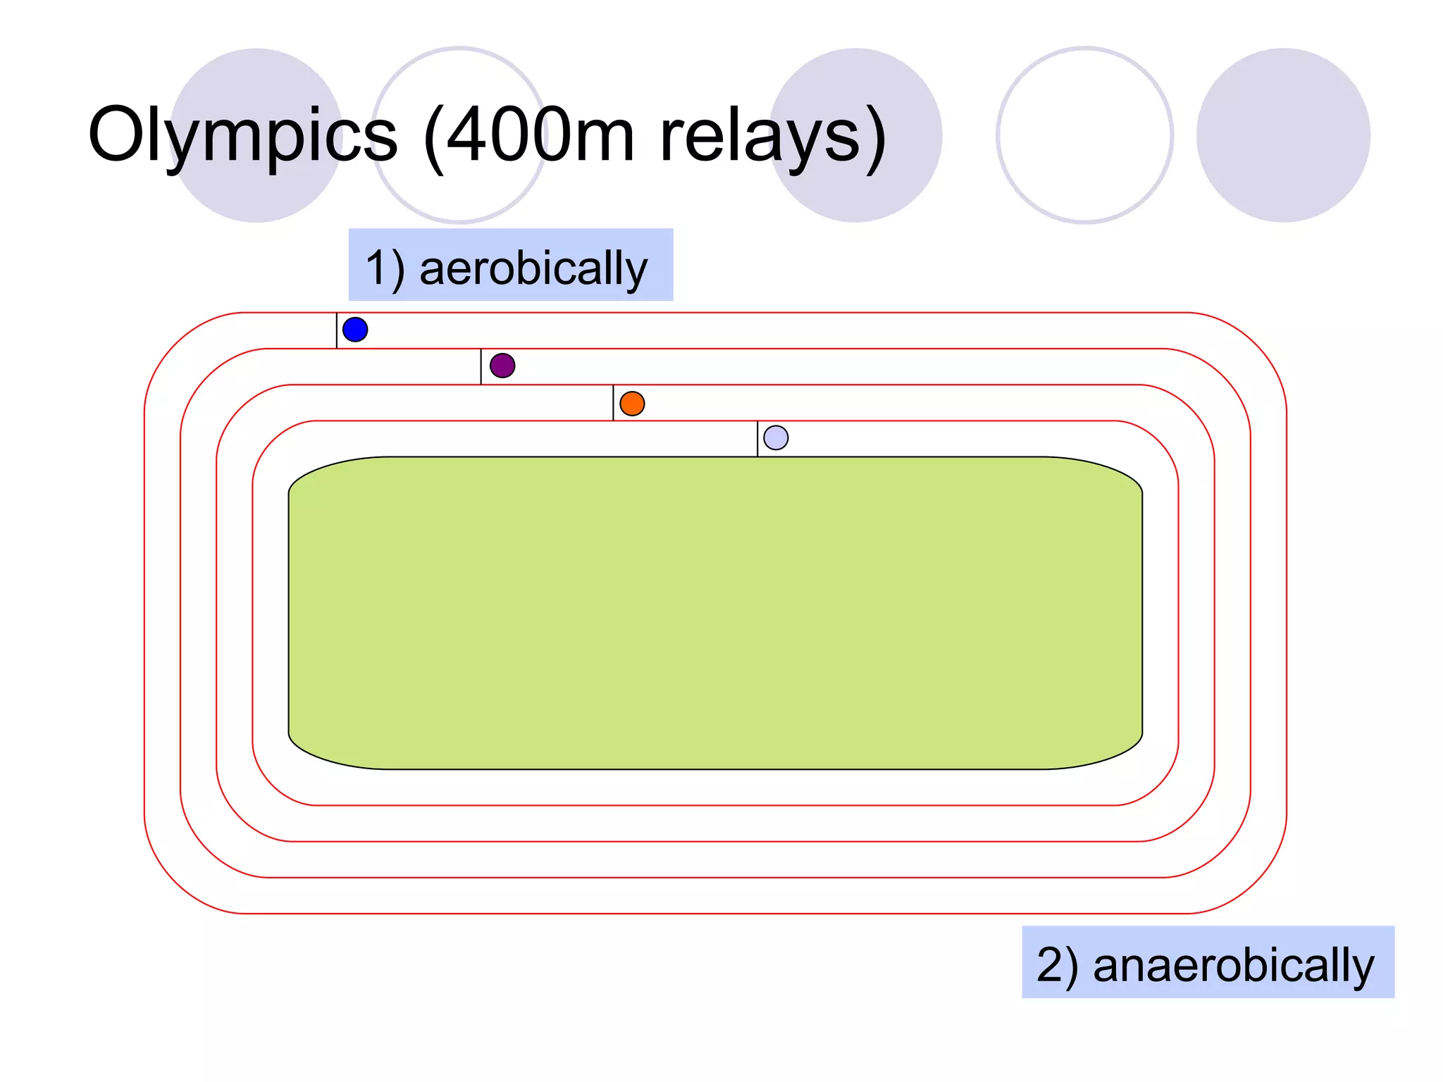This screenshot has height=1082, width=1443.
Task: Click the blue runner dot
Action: tap(355, 330)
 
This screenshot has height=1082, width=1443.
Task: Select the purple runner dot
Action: tap(502, 366)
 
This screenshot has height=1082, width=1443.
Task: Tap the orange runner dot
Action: tap(632, 404)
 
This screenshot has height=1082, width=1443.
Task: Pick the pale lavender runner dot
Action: tap(776, 437)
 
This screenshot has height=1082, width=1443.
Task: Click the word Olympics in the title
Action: tap(242, 136)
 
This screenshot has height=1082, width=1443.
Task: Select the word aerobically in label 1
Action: tap(533, 268)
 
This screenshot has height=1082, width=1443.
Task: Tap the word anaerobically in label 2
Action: tap(1233, 965)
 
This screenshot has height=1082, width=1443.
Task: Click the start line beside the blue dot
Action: tap(337, 330)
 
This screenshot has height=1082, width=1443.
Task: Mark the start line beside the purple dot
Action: tap(481, 366)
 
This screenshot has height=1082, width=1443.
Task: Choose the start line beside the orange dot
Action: tap(613, 403)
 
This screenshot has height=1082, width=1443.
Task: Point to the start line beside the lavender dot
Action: tap(757, 439)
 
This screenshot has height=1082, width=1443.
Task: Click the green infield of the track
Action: tap(714, 613)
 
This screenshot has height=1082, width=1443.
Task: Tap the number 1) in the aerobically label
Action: tap(385, 268)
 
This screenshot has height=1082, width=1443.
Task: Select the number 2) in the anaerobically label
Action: tap(1057, 965)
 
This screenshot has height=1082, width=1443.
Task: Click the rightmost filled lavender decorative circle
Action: tap(1283, 135)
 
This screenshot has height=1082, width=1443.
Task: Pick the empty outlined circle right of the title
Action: tap(1085, 135)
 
